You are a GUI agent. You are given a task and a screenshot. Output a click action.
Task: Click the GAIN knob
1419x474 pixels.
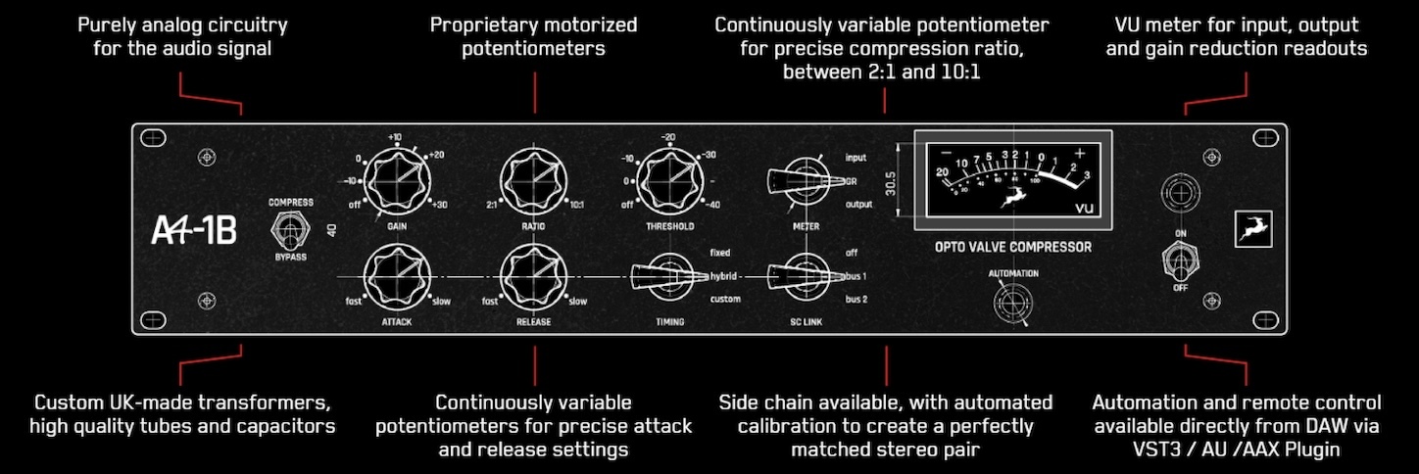pyautogui.click(x=398, y=181)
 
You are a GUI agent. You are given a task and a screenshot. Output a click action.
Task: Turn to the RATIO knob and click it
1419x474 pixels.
pyautogui.click(x=534, y=181)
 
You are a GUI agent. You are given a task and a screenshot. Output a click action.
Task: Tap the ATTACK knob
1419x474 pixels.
pyautogui.click(x=398, y=276)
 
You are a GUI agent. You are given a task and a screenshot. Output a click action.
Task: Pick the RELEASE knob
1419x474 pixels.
pyautogui.click(x=534, y=276)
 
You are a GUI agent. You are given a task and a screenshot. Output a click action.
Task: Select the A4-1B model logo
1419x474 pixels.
pyautogui.click(x=194, y=230)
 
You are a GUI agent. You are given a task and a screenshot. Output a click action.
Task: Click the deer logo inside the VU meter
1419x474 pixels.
pyautogui.click(x=1005, y=201)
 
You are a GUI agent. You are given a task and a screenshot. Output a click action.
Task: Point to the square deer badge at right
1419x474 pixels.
pyautogui.click(x=1252, y=228)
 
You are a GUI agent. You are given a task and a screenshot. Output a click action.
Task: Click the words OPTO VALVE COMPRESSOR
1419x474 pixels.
pyautogui.click(x=1012, y=247)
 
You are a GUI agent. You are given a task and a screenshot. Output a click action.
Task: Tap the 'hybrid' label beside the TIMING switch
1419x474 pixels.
pyautogui.click(x=724, y=276)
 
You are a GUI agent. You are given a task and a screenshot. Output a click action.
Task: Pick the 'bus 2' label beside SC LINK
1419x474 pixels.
pyautogui.click(x=857, y=299)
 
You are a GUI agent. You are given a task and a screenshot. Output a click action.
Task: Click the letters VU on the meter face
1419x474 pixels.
pyautogui.click(x=1084, y=208)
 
